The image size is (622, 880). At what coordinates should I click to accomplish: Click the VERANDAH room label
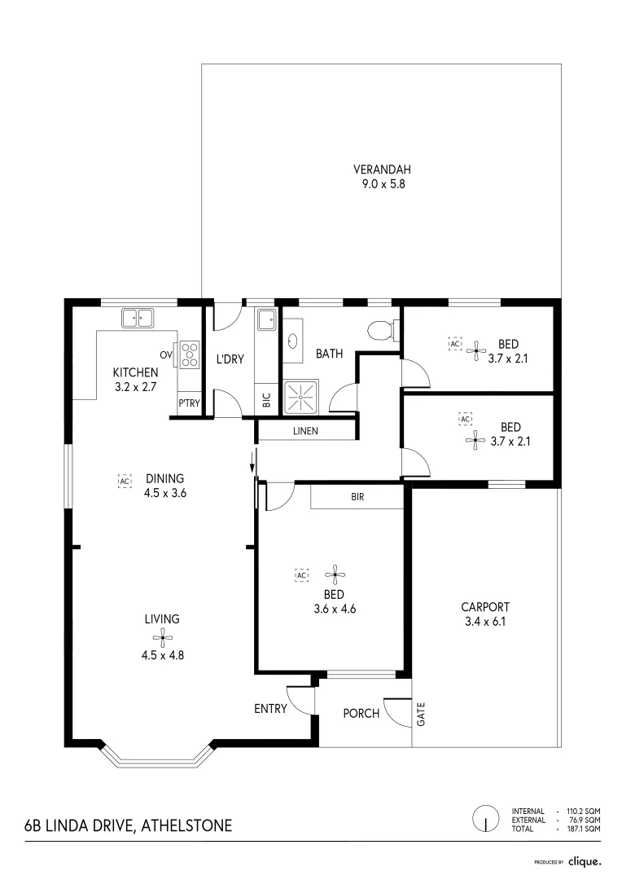click(382, 169)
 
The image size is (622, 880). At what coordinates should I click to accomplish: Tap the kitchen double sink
click(138, 319)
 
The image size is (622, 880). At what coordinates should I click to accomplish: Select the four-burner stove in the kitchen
click(190, 354)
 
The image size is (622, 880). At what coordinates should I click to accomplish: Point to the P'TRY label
click(189, 403)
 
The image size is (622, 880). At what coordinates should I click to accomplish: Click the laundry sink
click(266, 320)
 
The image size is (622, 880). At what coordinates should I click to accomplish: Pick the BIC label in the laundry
click(267, 399)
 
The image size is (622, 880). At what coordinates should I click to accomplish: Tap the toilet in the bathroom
click(384, 328)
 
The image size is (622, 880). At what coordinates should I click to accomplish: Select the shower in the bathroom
click(301, 398)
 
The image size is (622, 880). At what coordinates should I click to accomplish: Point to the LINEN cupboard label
click(305, 431)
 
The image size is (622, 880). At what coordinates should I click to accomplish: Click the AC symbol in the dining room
click(125, 481)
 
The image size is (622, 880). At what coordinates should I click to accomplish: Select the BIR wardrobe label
click(357, 497)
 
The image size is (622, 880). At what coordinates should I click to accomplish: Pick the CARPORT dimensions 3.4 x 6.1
click(485, 621)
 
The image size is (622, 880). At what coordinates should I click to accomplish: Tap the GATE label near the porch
click(421, 715)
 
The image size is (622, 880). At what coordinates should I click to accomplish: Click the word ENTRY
click(270, 709)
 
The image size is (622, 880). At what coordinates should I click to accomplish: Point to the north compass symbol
click(486, 819)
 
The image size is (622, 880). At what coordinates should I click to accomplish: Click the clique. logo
click(585, 861)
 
